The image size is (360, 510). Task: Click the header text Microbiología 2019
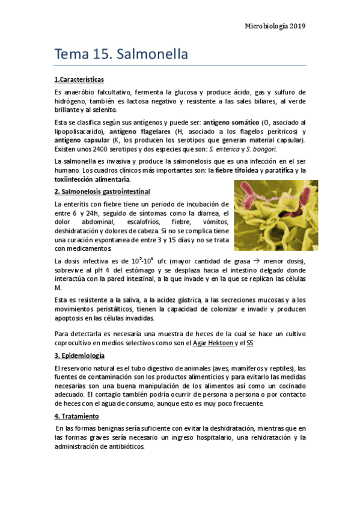pos(276,26)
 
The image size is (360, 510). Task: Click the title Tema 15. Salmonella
pos(121,54)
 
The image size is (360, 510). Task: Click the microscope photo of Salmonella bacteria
pos(276,215)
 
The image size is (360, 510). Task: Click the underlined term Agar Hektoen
pos(212,343)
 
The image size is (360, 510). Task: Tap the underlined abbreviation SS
pos(249,343)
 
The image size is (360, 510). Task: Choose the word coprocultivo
pos(75,343)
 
